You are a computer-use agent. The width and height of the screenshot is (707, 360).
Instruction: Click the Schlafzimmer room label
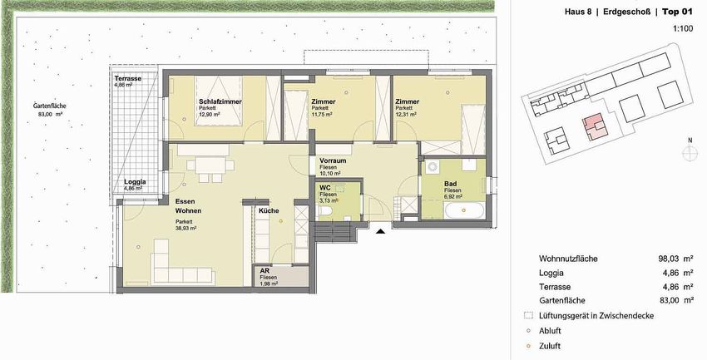[x=220, y=101]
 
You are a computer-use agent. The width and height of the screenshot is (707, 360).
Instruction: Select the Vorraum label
[x=333, y=160]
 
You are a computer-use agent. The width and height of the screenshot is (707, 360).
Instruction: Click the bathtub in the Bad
[x=464, y=210]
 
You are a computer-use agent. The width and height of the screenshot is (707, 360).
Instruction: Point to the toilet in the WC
[x=325, y=212]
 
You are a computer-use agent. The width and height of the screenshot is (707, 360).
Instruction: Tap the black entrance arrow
[x=381, y=232]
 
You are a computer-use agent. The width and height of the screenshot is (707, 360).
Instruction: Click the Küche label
[x=269, y=210]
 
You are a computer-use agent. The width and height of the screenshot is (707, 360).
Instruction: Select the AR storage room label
[x=265, y=271]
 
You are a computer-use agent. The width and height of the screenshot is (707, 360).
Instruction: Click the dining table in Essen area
[x=210, y=165]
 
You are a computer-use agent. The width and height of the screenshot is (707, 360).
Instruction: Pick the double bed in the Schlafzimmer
[x=218, y=101]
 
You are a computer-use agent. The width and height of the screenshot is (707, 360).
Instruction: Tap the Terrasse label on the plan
[x=127, y=78]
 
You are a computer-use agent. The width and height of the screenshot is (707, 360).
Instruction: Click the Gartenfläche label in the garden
[x=50, y=106]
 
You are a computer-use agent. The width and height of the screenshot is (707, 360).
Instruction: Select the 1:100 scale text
[x=683, y=28]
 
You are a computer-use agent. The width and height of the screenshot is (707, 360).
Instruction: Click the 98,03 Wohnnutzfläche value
[x=669, y=259]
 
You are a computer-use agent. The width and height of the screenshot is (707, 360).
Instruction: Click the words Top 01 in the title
[x=677, y=12]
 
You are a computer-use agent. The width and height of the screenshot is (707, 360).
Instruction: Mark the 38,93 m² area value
[x=186, y=229]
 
